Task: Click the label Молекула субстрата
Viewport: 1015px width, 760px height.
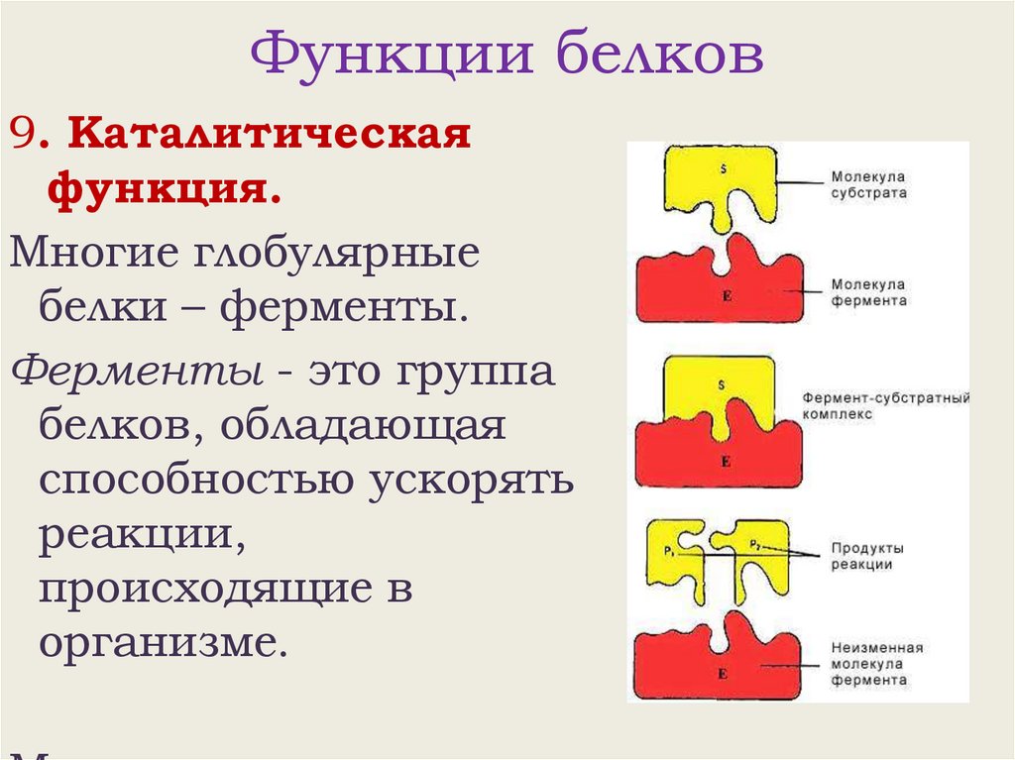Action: [868, 185]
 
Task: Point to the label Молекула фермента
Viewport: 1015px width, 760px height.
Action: [868, 291]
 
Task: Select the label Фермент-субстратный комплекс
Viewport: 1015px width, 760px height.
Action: [885, 406]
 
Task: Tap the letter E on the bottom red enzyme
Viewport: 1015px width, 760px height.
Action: [722, 674]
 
